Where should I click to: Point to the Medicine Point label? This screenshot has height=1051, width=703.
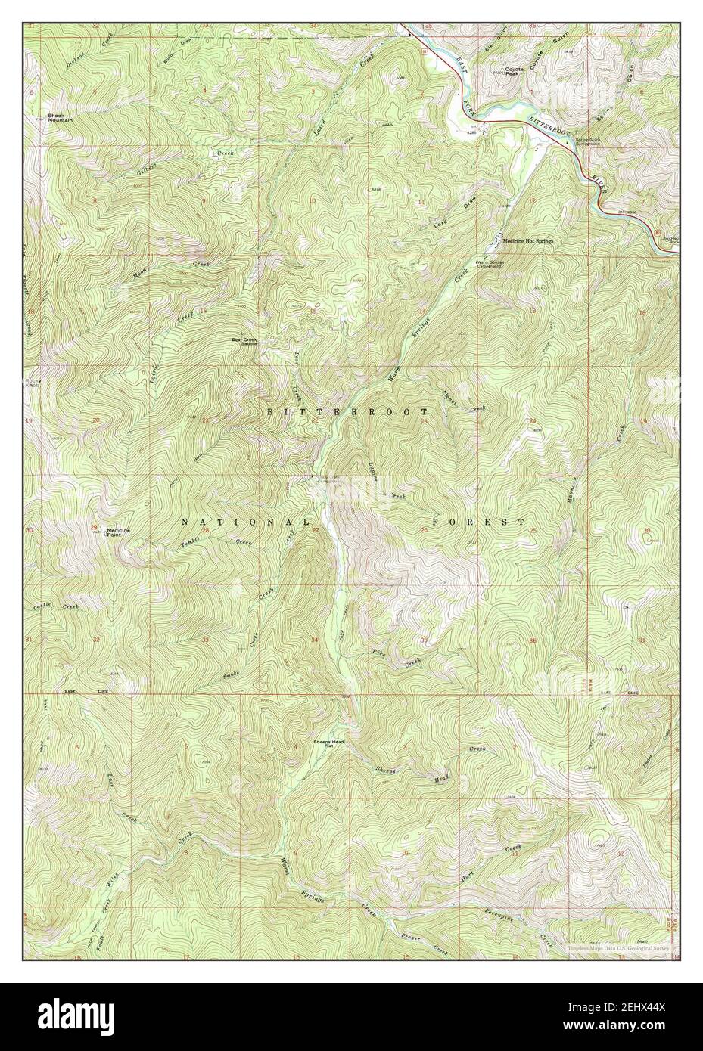pyautogui.click(x=118, y=531)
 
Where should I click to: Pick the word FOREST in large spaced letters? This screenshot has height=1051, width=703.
pyautogui.click(x=478, y=522)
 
